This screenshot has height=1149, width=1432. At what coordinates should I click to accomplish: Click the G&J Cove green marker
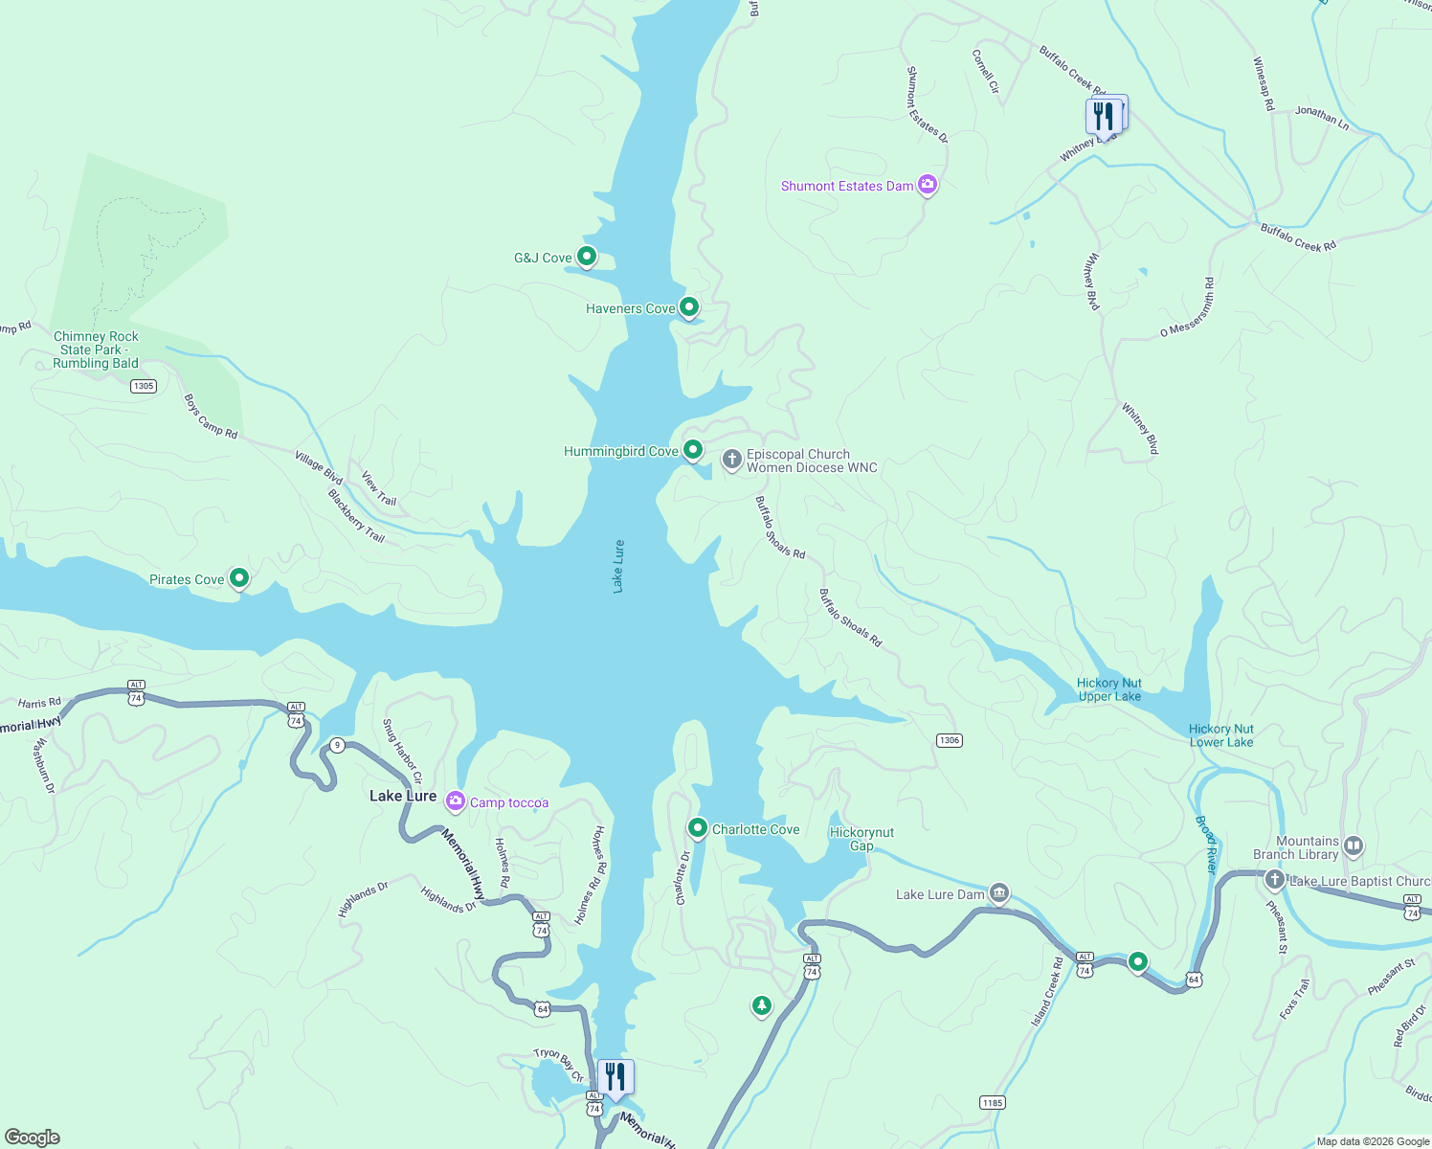(x=587, y=256)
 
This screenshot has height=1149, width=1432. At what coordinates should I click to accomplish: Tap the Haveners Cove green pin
(x=689, y=306)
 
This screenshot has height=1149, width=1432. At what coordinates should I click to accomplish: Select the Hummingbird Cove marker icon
(x=693, y=449)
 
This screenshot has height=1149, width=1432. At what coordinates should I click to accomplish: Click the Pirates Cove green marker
(x=240, y=577)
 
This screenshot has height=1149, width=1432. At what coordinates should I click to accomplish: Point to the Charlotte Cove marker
(x=698, y=827)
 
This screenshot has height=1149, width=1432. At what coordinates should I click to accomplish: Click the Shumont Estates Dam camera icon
(x=927, y=185)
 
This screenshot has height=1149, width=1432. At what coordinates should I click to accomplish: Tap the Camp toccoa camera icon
(x=456, y=801)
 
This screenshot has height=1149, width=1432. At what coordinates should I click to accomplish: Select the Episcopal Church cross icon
(x=732, y=461)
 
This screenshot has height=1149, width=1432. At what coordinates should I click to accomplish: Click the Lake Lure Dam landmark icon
(x=998, y=893)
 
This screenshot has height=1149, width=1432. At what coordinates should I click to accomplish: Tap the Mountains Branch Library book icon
(x=1354, y=845)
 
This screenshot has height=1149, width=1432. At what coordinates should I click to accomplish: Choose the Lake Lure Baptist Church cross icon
(x=1274, y=880)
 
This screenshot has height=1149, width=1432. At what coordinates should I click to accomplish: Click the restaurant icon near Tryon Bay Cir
(x=615, y=1076)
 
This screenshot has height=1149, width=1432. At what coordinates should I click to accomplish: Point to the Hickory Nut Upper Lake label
(x=1109, y=689)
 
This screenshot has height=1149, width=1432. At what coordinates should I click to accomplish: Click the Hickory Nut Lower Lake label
(x=1220, y=735)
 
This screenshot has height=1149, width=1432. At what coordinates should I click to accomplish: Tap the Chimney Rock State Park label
(x=96, y=349)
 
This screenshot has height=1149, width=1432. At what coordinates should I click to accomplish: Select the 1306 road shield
(x=949, y=740)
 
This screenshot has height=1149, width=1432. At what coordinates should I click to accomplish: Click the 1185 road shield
(x=993, y=1103)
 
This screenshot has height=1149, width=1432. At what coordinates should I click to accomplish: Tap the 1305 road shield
(x=144, y=386)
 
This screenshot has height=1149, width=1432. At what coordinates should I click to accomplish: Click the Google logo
(x=33, y=1137)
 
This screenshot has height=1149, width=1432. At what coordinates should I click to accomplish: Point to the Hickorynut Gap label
(x=861, y=839)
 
